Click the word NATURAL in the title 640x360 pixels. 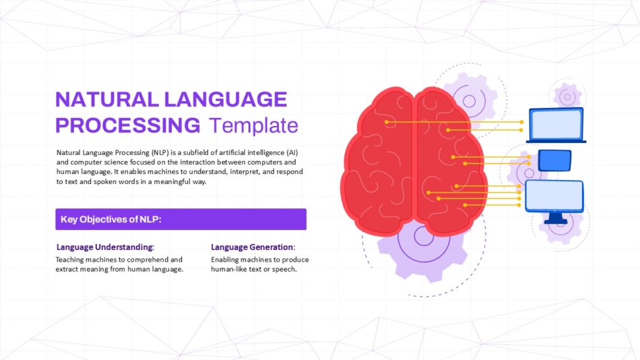point(107,99)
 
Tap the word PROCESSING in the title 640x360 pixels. point(128,125)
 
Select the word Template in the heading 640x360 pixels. point(253,125)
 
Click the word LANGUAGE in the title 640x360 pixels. point(226,99)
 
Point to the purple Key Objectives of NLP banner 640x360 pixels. point(181,219)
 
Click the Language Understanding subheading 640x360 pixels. point(105,247)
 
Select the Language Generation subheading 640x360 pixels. point(253,247)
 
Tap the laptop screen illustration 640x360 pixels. point(556,124)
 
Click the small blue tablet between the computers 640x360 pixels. point(554,160)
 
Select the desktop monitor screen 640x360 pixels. point(554,196)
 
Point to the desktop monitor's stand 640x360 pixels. point(556,218)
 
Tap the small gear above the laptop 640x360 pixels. point(567,97)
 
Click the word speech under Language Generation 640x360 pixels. point(285,270)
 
